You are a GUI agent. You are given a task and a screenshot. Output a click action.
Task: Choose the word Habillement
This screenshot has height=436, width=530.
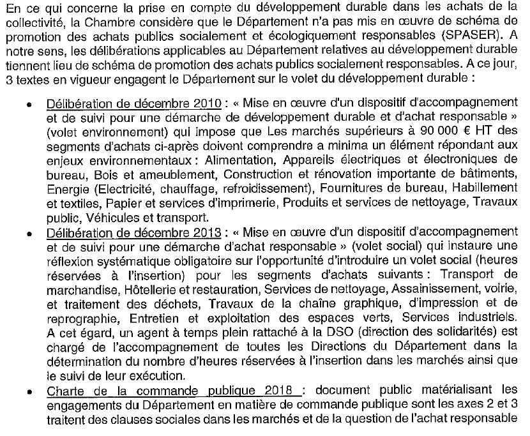click(485, 188)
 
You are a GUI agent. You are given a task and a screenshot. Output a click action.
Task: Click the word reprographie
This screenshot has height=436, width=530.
click(80, 317)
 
